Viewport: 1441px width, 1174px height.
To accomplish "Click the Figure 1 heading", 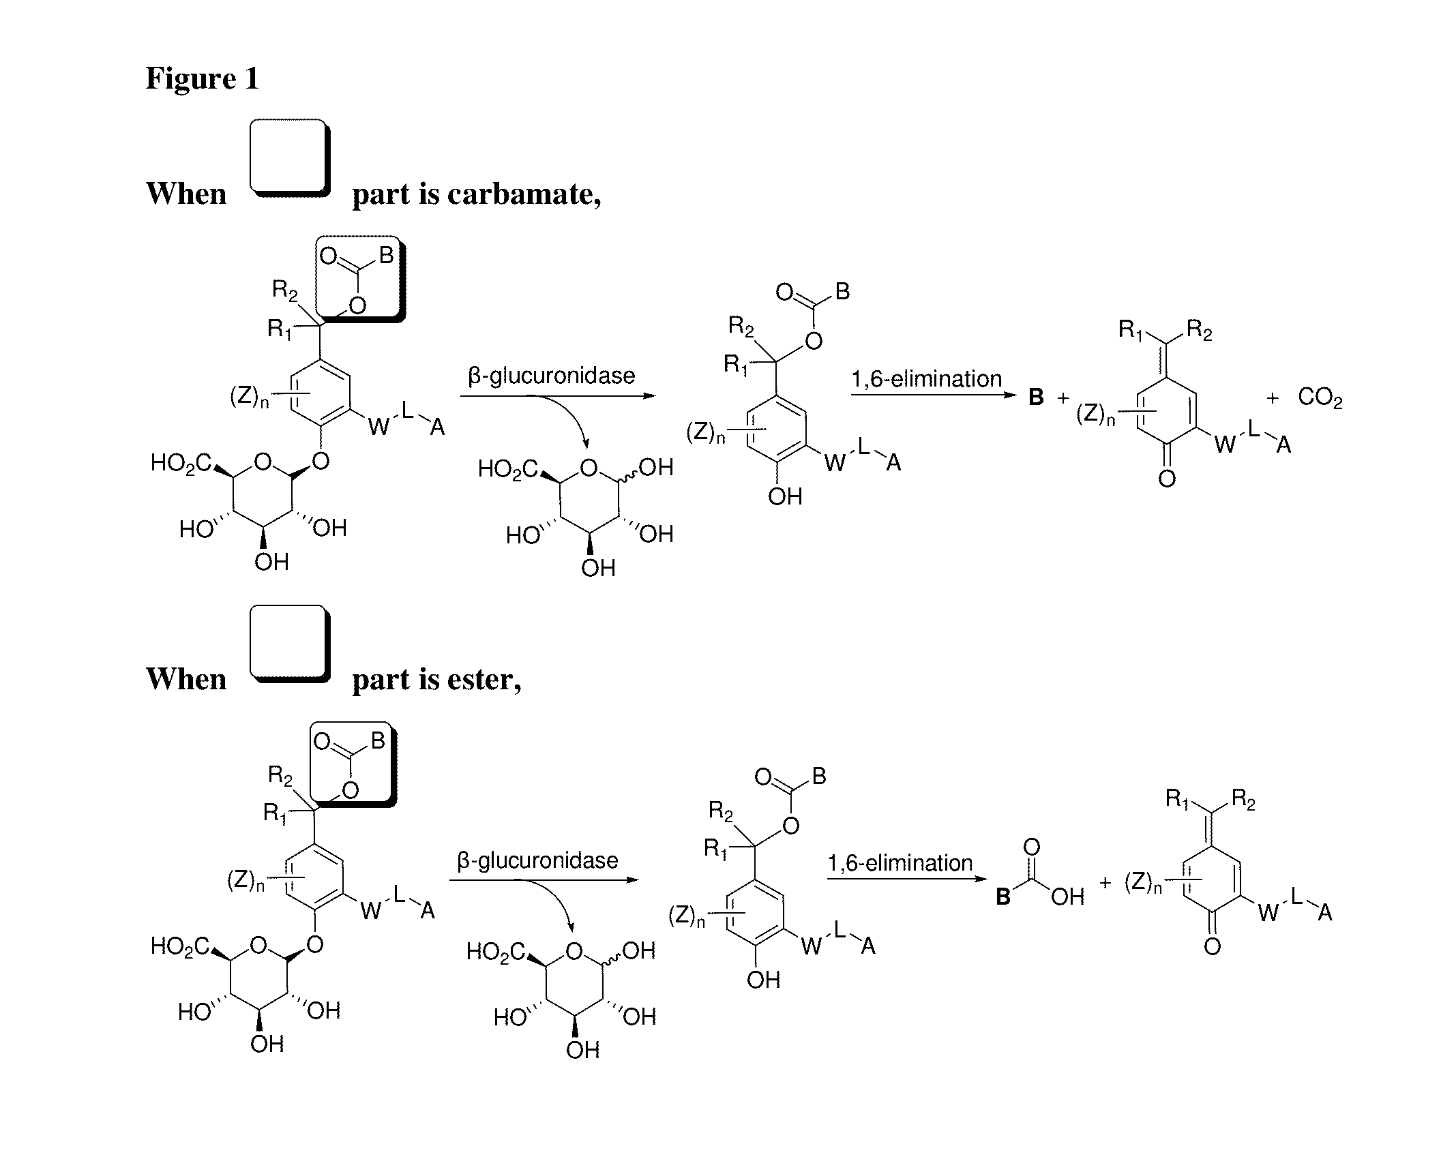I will click(x=203, y=78).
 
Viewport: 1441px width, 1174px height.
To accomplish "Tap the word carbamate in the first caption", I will click(x=522, y=195).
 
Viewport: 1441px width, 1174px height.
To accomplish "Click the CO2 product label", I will click(x=1320, y=397).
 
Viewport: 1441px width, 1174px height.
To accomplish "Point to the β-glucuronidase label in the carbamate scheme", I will click(x=551, y=376).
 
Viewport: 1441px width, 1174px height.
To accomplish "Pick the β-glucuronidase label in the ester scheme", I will click(x=537, y=860).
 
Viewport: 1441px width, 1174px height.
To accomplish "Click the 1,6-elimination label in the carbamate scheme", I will click(x=926, y=379).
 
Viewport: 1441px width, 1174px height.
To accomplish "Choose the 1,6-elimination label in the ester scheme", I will click(x=900, y=863).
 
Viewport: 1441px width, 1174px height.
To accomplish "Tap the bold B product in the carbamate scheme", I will click(x=1036, y=398).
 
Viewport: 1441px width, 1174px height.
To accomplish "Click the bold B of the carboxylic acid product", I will click(x=1002, y=897).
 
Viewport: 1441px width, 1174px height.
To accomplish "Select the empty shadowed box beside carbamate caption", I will click(x=290, y=158).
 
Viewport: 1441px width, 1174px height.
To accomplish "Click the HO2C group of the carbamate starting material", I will click(x=181, y=464).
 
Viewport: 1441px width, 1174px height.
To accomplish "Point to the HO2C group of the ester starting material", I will click(x=179, y=946).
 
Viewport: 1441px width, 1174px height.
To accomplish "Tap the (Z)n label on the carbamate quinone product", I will click(x=1095, y=414).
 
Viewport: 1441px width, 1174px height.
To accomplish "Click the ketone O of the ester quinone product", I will click(x=1212, y=946).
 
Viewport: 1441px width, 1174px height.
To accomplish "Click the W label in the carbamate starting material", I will click(x=379, y=427).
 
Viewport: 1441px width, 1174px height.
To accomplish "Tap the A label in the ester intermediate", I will click(x=867, y=946).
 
